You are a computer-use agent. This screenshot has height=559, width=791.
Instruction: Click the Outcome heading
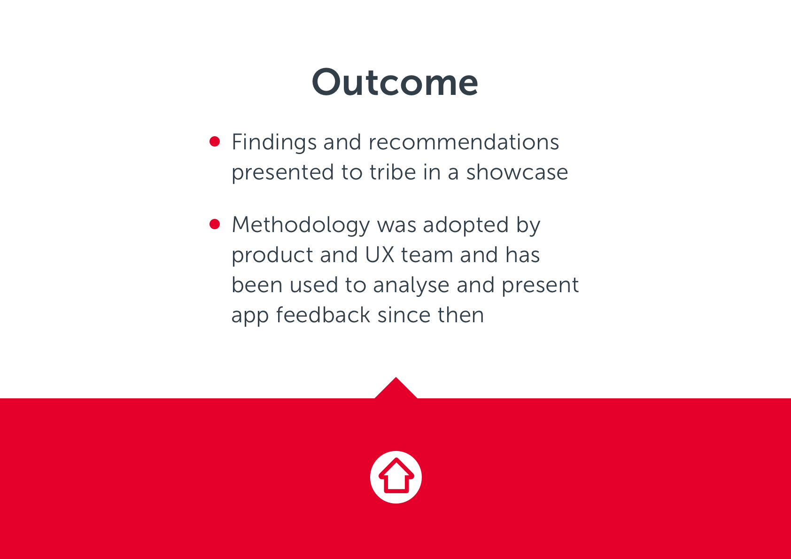point(395,82)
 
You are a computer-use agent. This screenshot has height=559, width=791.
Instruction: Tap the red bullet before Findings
point(215,141)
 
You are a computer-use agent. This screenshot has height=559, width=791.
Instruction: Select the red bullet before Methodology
point(215,224)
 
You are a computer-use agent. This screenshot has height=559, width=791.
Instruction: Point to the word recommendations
point(464,142)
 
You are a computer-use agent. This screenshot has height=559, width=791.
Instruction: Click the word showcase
point(517,172)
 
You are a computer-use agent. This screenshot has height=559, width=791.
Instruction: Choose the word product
point(272,256)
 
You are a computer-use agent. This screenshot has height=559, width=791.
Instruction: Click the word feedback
point(323,315)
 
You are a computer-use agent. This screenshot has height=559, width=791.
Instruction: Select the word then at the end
point(461,315)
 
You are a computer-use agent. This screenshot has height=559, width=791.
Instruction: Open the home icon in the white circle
point(396,477)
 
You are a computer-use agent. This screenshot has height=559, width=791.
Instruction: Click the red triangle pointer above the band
point(396,389)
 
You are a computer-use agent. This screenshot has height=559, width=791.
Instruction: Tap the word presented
point(283,173)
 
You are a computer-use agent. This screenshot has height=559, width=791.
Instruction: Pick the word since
point(404,315)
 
